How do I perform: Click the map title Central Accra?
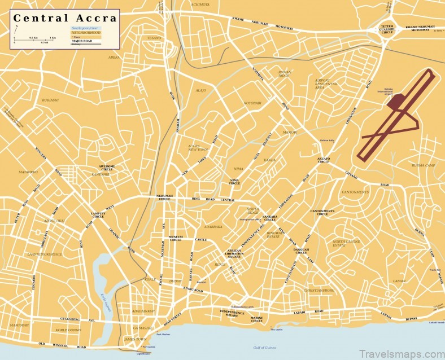65,17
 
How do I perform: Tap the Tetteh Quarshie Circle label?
387,29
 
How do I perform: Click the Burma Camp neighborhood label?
423,165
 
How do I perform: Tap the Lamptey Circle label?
98,214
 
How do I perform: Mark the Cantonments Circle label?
322,213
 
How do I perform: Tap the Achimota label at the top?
200,4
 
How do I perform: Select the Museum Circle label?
176,238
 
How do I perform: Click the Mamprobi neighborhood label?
19,325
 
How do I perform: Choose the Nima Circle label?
234,182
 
